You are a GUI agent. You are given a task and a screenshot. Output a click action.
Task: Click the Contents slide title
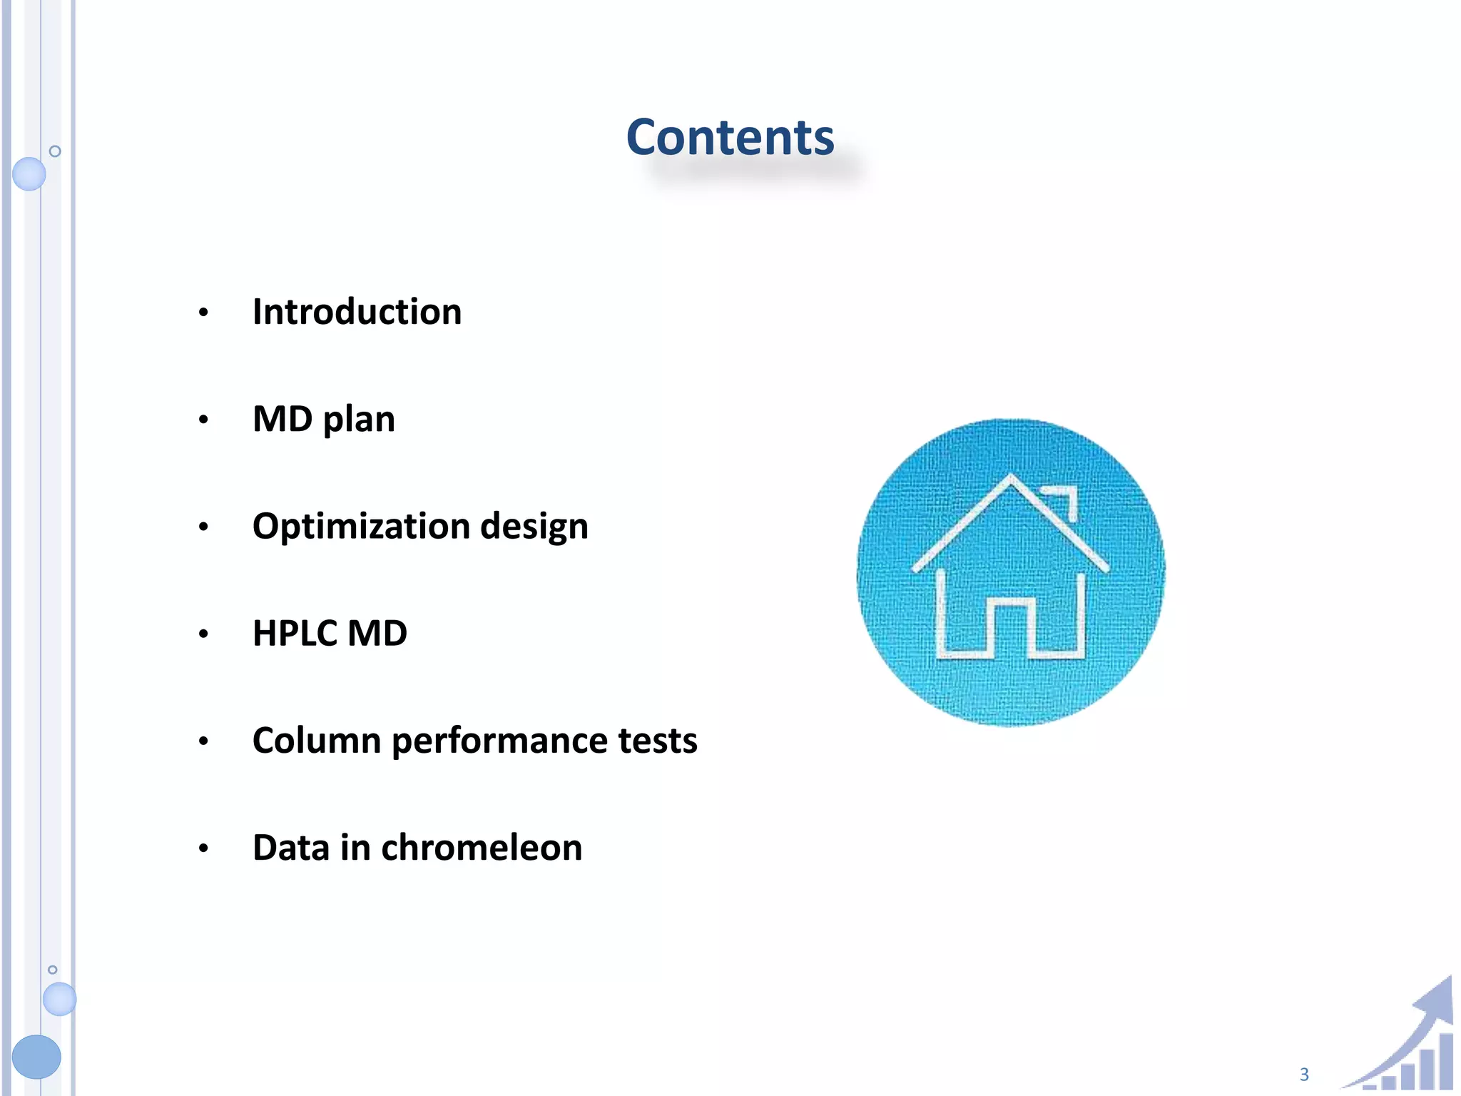pyautogui.click(x=730, y=137)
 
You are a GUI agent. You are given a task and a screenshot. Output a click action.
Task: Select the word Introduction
pyautogui.click(x=357, y=312)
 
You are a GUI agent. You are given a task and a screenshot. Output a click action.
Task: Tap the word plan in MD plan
pyautogui.click(x=359, y=420)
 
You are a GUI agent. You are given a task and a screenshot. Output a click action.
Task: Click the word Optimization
pyautogui.click(x=361, y=527)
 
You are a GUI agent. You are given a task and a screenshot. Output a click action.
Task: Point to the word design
pyautogui.click(x=534, y=527)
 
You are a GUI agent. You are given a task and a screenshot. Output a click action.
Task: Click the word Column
pyautogui.click(x=317, y=740)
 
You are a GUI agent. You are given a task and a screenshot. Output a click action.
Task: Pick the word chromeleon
pyautogui.click(x=482, y=848)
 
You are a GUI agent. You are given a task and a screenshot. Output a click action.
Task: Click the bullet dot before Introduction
pyautogui.click(x=203, y=313)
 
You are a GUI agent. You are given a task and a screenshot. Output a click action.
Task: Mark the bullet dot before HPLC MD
pyautogui.click(x=203, y=634)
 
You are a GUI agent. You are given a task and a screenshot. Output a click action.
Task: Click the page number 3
pyautogui.click(x=1304, y=1075)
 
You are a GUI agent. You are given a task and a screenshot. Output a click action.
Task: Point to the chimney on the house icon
pyautogui.click(x=1063, y=499)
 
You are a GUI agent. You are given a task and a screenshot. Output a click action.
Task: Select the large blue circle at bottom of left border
pyautogui.click(x=36, y=1056)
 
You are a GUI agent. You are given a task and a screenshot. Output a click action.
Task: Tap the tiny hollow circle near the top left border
pyautogui.click(x=55, y=151)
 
